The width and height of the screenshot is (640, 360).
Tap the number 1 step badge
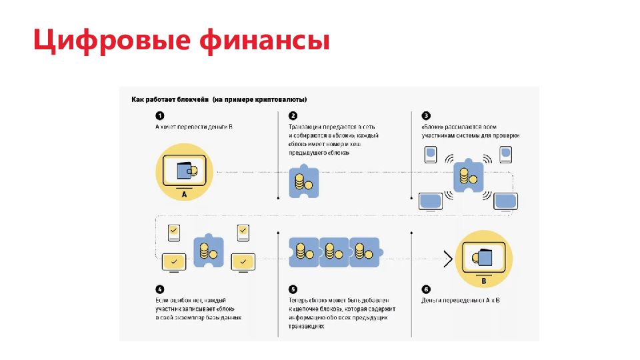(159, 115)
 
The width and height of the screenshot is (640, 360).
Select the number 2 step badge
(293, 115)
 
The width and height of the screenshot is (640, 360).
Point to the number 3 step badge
(425, 115)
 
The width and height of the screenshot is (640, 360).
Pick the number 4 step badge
(159, 289)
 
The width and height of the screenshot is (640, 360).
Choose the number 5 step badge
(293, 289)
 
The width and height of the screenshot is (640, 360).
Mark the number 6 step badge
(425, 289)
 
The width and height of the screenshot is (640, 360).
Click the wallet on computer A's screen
(187, 171)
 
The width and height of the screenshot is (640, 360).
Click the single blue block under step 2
(303, 181)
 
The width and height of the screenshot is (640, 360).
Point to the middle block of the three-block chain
(333, 252)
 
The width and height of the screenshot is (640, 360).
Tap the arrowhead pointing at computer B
(448, 257)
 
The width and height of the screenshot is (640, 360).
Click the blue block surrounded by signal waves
(468, 177)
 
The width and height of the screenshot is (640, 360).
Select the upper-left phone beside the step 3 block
(431, 155)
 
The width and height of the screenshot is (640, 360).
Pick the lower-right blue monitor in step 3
(507, 199)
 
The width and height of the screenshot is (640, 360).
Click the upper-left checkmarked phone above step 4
(173, 231)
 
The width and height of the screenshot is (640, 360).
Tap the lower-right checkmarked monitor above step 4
(243, 261)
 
